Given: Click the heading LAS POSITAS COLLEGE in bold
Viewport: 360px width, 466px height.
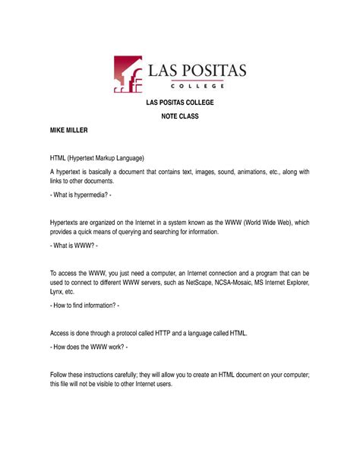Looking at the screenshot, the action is [x=179, y=103].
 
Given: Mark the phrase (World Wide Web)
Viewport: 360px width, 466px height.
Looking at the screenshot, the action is [x=270, y=221].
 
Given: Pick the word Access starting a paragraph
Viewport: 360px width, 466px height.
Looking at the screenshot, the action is [x=62, y=333].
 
